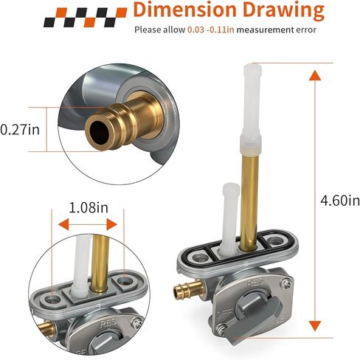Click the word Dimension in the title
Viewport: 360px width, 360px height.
[184, 10]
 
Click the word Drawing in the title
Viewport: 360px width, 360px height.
[283, 11]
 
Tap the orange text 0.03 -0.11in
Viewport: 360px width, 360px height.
[211, 30]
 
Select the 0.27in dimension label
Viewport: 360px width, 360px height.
[20, 130]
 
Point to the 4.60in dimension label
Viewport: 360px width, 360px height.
[340, 201]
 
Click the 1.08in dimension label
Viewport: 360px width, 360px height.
[89, 208]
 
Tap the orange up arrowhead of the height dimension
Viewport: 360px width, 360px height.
[315, 75]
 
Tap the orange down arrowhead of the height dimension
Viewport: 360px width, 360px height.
[315, 326]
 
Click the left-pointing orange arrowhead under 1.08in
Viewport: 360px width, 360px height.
[63, 224]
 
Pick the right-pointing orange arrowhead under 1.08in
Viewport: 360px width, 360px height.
[111, 224]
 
